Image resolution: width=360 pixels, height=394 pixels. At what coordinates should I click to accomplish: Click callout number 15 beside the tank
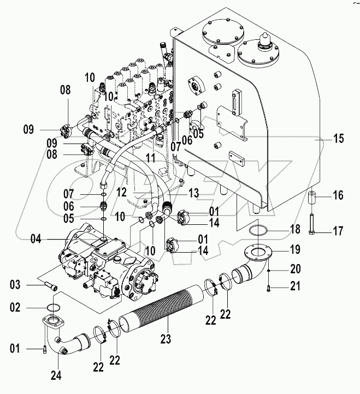coord(339,140)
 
